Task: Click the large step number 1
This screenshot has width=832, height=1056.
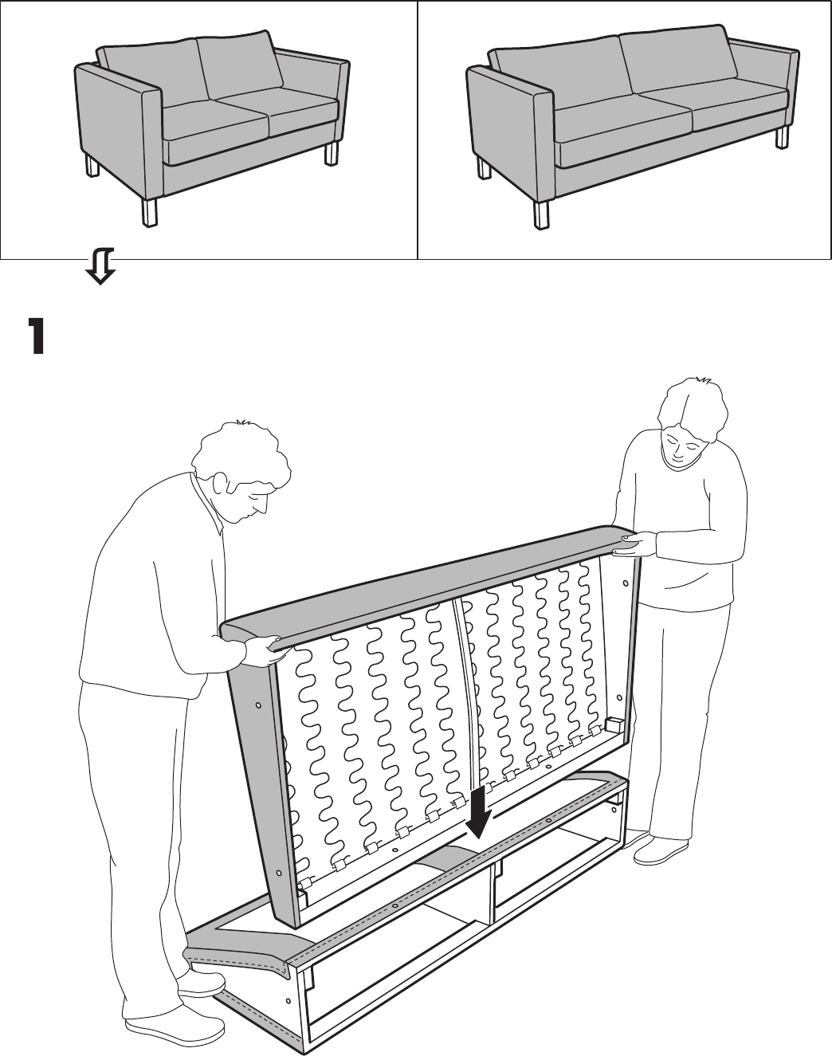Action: point(37,336)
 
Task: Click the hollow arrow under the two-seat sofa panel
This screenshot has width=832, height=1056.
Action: point(100,266)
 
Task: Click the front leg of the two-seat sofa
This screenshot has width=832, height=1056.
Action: point(149,212)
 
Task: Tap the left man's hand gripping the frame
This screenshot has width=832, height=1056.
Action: point(264,650)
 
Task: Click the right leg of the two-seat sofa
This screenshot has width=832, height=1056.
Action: point(332,153)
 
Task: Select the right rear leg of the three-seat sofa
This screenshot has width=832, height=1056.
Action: point(782,136)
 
